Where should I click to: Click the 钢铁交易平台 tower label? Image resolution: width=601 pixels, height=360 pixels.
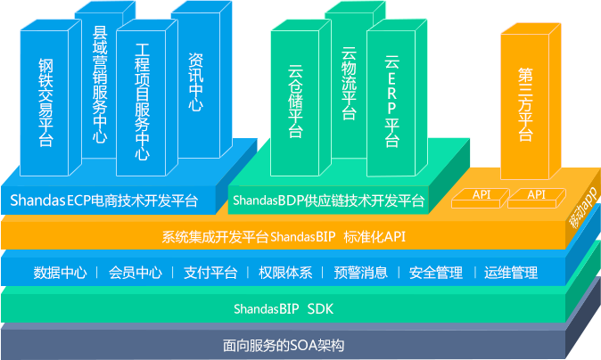(46, 103)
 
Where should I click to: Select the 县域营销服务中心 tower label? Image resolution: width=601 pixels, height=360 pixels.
(100, 85)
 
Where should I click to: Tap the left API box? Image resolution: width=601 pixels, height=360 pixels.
(482, 194)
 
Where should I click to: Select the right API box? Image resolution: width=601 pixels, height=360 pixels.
(537, 194)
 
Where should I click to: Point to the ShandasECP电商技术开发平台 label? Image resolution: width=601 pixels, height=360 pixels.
(104, 200)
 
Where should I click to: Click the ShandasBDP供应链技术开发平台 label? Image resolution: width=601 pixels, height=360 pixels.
(329, 200)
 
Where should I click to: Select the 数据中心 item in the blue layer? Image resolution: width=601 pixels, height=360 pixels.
(60, 273)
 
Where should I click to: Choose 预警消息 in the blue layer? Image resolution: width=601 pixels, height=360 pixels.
(360, 273)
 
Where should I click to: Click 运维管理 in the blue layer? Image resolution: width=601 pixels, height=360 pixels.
(512, 273)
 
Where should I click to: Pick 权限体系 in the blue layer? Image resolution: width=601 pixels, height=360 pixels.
(284, 273)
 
